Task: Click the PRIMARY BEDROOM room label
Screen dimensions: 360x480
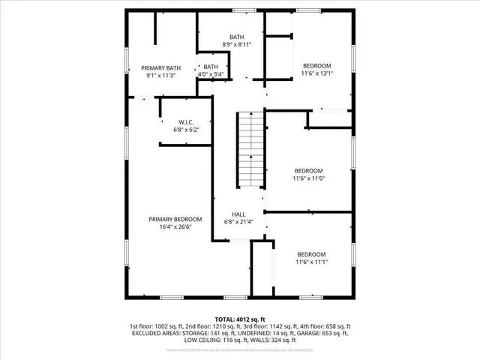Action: click(175, 219)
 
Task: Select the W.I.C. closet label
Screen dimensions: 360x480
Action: click(187, 122)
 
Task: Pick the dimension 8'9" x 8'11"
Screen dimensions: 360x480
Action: click(236, 45)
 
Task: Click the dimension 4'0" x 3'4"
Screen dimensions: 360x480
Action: click(211, 75)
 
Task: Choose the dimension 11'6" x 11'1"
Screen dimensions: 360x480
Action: click(312, 262)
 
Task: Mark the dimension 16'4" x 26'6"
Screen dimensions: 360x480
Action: click(175, 227)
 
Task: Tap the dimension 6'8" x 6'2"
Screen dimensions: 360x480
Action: click(187, 130)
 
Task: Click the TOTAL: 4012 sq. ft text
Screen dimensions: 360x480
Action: click(240, 319)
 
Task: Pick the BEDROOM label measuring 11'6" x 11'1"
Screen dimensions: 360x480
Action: click(312, 253)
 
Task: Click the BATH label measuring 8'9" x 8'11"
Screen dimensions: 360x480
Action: click(236, 37)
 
